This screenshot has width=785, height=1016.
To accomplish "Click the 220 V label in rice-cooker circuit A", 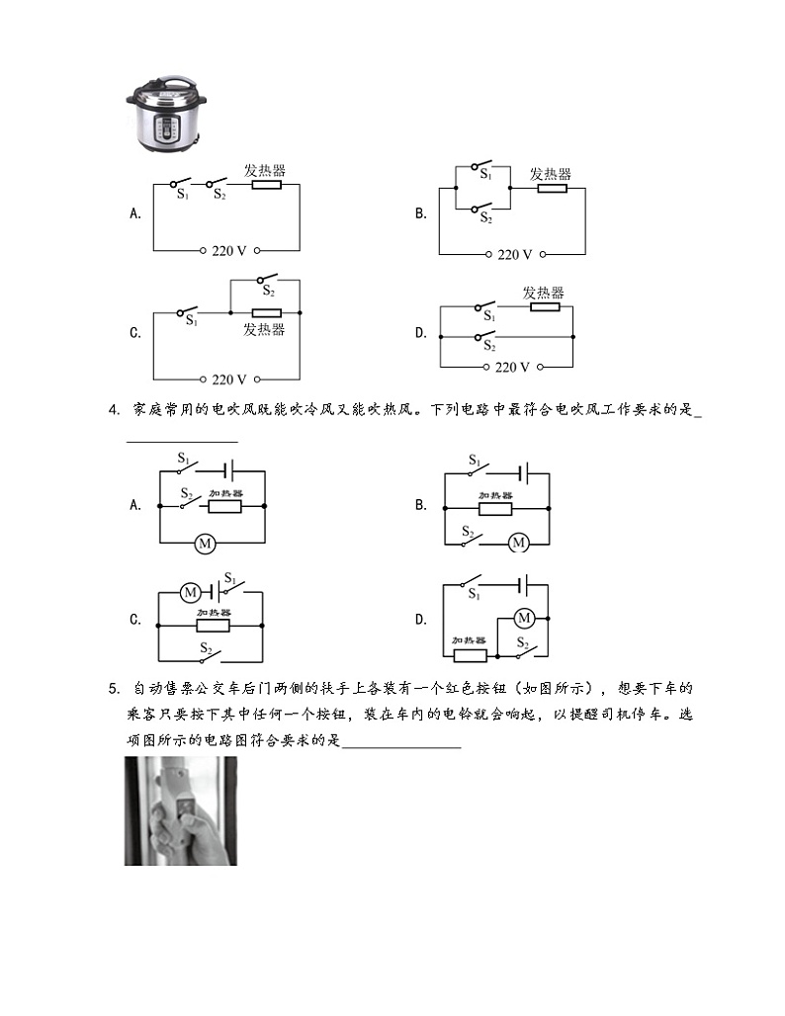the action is pos(228,250).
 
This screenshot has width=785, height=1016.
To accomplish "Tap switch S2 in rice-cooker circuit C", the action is pos(268,280).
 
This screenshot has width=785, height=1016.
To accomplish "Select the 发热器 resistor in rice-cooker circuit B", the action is pos(552,189).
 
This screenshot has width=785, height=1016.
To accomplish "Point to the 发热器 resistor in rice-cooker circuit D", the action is pos(545,306).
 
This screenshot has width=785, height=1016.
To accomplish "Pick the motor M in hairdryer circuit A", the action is pos(206,543).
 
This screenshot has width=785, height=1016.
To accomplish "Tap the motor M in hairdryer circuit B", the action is pos(518,543).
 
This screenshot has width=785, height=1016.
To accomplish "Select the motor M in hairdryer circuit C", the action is pos(191,592).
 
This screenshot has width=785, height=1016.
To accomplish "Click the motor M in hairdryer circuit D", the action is pos(524,618).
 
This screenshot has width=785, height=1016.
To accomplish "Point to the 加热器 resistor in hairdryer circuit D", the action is pos(470,655).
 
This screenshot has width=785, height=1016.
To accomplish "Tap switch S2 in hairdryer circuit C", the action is pos(210,657).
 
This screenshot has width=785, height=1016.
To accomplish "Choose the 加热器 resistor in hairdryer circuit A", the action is pos(225,506).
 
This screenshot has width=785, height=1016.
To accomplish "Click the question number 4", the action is pos(114,409).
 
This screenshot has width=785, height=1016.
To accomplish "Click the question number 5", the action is pos(114,688).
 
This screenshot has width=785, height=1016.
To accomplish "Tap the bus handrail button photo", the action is pos(181,810).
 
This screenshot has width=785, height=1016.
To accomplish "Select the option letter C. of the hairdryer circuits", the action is pos(135,620).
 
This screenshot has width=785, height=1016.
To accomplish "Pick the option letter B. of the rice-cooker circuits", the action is pos(421,213).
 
